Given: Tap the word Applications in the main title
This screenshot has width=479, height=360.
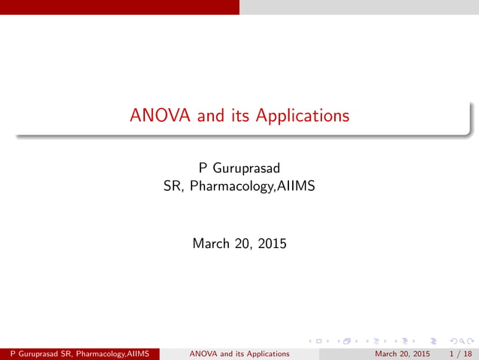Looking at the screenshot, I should [x=303, y=116].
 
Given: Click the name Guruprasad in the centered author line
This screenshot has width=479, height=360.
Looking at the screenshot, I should [x=246, y=165].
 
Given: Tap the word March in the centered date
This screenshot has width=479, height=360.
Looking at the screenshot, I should [x=211, y=244].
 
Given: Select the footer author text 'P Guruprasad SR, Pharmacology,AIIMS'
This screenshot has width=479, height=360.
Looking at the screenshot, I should [x=80, y=353].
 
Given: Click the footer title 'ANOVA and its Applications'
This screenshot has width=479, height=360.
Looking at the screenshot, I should [x=239, y=353].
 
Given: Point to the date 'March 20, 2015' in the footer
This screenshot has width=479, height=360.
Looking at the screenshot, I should [x=402, y=353].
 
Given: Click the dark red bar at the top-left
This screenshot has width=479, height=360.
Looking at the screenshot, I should [x=119, y=7].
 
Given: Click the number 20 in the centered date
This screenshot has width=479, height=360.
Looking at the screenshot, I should [x=246, y=244].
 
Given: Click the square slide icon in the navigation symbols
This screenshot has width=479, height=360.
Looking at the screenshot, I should [x=320, y=342].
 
